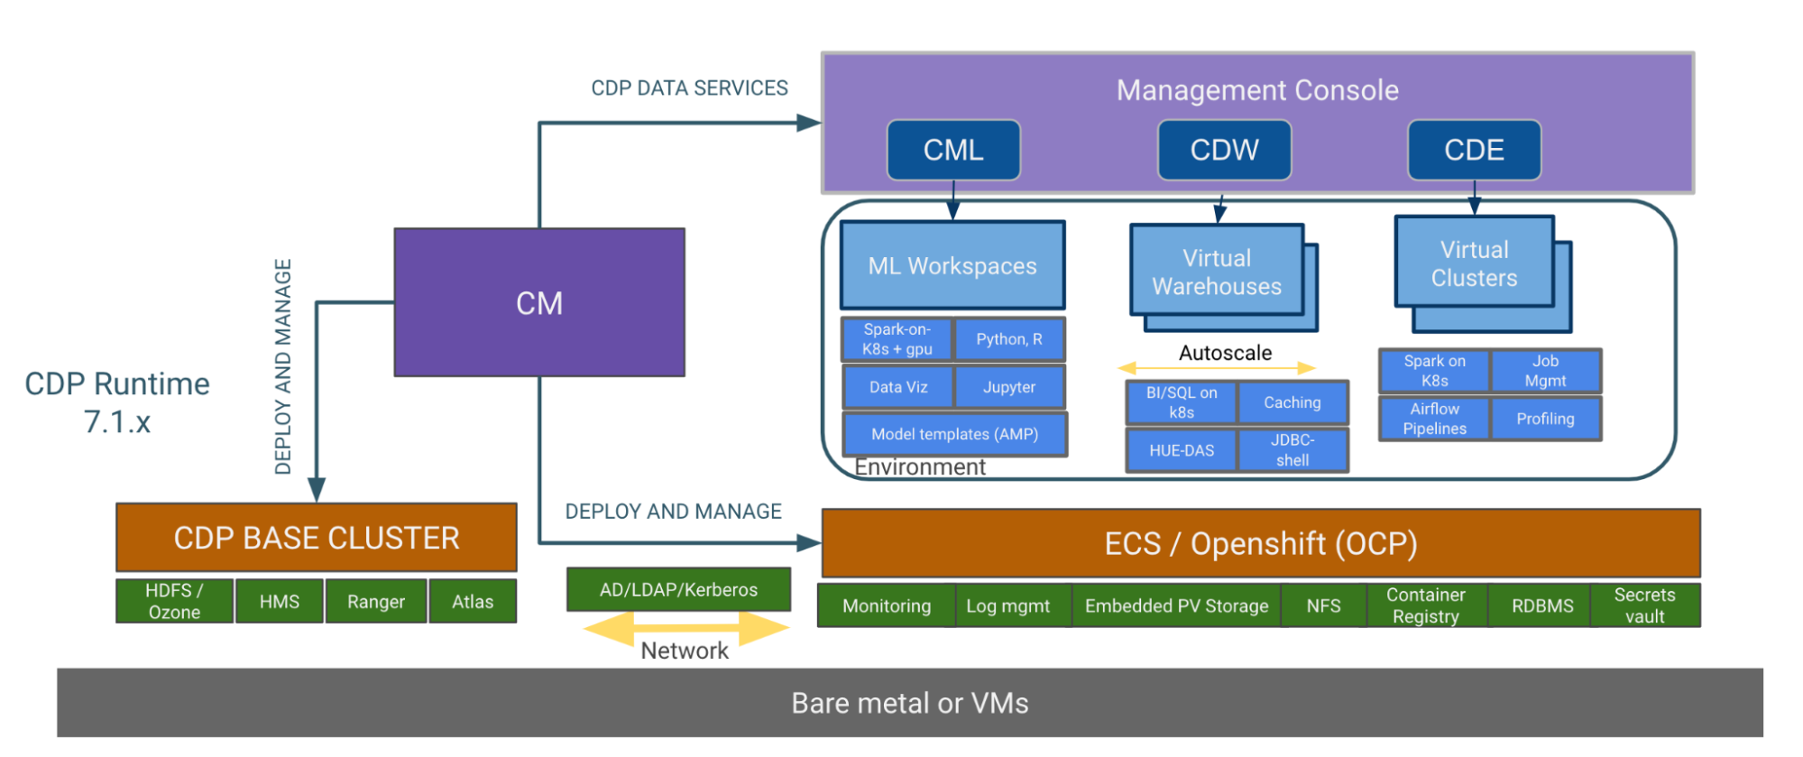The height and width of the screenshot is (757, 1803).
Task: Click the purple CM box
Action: (539, 302)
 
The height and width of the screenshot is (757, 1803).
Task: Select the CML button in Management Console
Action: (953, 150)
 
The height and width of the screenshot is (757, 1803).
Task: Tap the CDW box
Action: (1224, 150)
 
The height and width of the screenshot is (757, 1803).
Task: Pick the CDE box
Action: (1474, 150)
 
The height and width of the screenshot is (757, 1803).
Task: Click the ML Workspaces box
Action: (952, 265)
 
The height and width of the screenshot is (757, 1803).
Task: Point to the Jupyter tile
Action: (1009, 387)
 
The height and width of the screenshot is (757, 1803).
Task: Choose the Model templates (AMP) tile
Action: (954, 434)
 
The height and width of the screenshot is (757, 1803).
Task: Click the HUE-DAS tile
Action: (1182, 450)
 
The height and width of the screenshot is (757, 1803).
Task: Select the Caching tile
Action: (1292, 402)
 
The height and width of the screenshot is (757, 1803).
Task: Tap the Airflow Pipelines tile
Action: (1434, 419)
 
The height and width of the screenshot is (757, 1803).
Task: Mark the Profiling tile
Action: (1545, 419)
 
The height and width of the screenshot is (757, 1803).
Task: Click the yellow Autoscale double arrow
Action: (1217, 368)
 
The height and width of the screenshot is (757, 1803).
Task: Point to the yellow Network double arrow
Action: (685, 628)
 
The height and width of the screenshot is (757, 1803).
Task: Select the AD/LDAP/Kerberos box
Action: (678, 589)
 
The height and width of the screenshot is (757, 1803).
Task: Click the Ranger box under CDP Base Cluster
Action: (376, 602)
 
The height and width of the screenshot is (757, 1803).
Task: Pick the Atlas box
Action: (473, 602)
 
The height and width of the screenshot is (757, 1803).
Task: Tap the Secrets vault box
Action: (1644, 605)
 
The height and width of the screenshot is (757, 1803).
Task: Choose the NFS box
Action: (1323, 605)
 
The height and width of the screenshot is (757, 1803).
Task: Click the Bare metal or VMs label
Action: (909, 703)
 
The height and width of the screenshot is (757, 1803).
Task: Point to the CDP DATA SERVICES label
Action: (689, 88)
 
